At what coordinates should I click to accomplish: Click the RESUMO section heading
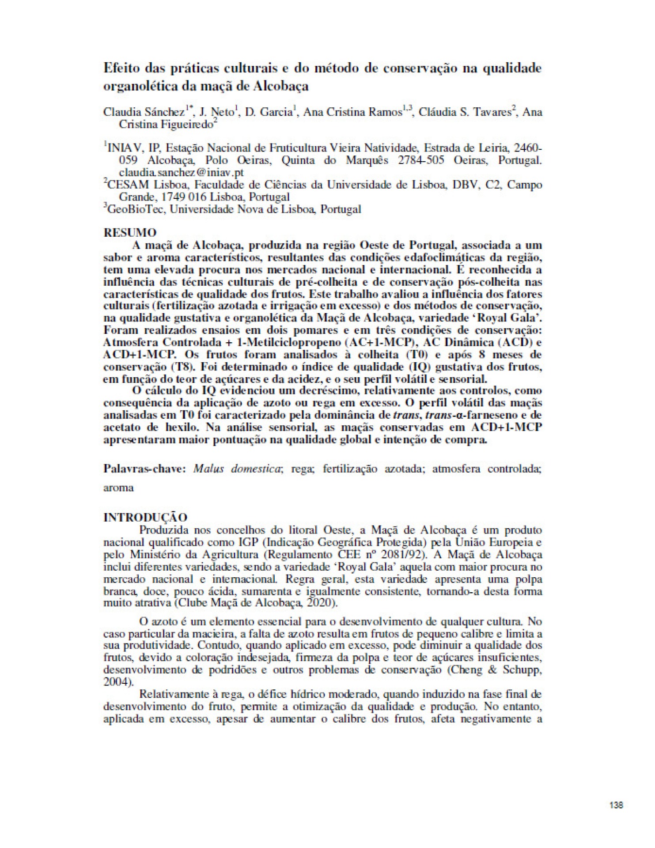[129, 232]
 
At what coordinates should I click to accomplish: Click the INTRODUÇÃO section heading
[145, 517]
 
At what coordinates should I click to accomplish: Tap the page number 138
[616, 805]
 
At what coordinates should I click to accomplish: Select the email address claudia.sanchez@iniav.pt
[182, 172]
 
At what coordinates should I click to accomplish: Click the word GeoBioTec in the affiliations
[135, 209]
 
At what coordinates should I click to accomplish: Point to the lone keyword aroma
[118, 488]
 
